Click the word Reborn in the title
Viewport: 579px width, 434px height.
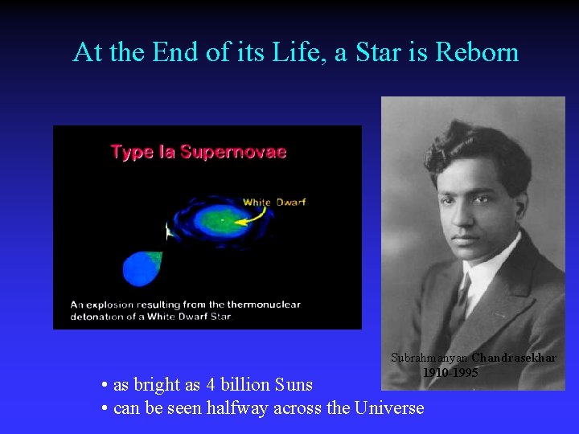pos(477,52)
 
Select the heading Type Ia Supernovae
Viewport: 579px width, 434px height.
pos(198,152)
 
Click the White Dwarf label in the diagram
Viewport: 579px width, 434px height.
pos(274,202)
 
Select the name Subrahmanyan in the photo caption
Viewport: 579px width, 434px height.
pos(429,358)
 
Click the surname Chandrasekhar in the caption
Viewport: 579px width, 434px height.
pos(514,358)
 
